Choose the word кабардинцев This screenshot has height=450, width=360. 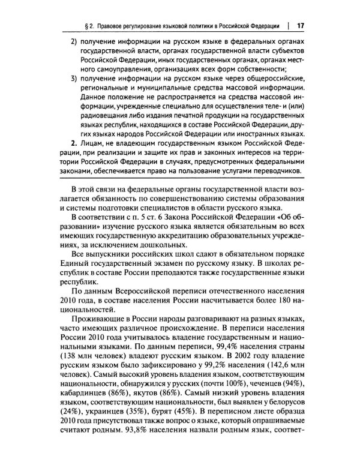pyautogui.click(x=88, y=398)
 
